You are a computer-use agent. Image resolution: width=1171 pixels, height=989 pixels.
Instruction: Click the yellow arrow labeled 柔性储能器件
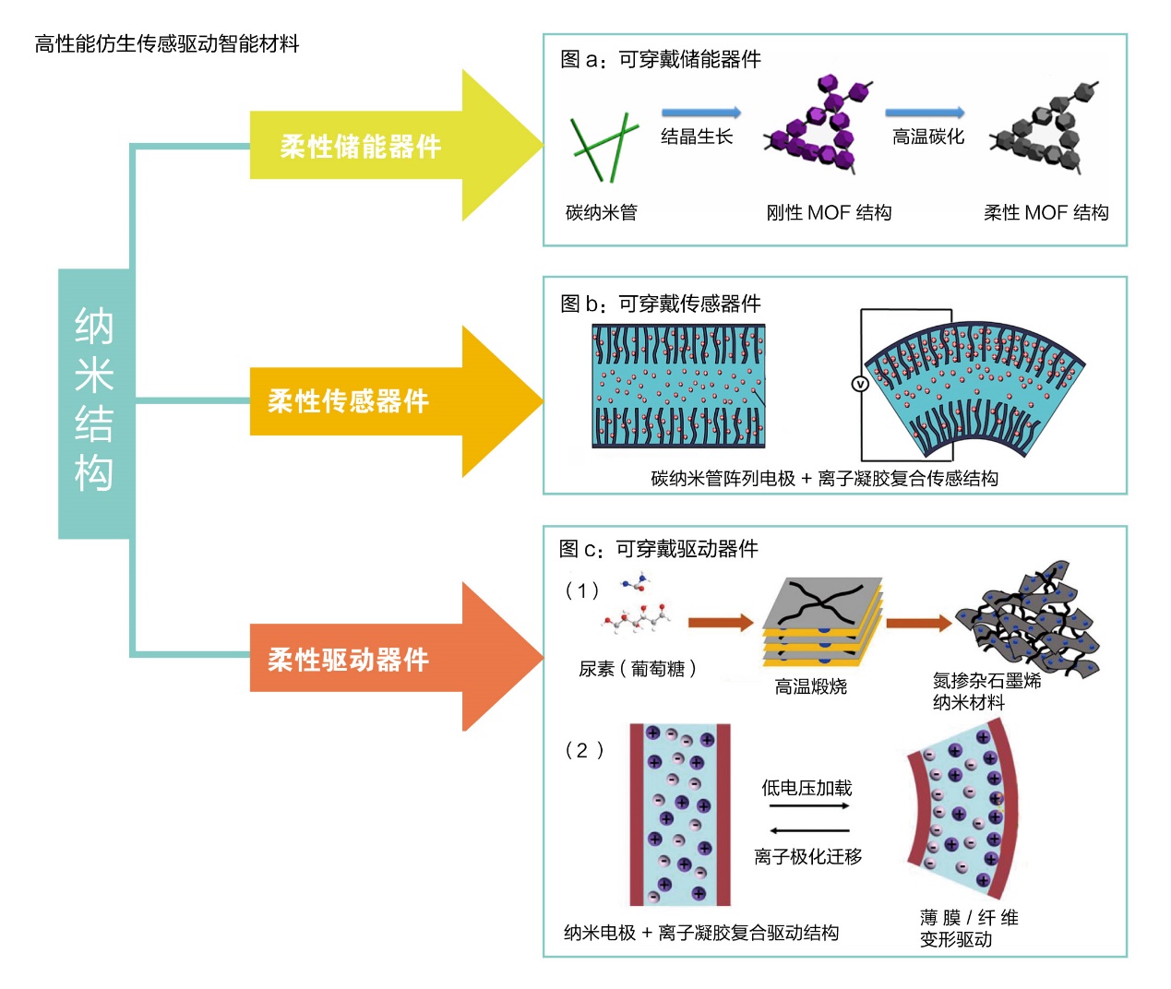[388, 146]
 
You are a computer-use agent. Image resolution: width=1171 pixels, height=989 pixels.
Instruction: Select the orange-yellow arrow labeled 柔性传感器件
[388, 401]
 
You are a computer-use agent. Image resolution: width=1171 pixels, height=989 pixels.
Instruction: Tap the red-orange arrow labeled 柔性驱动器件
[388, 659]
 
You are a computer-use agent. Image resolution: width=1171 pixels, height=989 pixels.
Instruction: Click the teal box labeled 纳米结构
[94, 403]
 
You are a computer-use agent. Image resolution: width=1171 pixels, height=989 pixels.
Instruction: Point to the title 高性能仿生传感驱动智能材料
[167, 44]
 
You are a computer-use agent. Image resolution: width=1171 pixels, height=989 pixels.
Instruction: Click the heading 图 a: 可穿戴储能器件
[661, 60]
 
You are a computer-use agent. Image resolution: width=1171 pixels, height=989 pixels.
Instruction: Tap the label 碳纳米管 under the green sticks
[601, 213]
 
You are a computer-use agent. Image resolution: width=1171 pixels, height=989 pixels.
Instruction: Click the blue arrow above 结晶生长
[700, 113]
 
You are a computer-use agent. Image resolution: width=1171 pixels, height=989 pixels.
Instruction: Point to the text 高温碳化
[927, 137]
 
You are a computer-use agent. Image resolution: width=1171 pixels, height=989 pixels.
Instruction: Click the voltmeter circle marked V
[860, 384]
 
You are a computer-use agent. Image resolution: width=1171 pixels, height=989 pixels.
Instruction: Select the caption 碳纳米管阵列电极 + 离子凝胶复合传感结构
[824, 478]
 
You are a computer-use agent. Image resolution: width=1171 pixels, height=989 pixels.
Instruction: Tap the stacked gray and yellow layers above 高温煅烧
[821, 622]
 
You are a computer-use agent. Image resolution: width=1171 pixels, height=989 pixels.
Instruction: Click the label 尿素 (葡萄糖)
[638, 669]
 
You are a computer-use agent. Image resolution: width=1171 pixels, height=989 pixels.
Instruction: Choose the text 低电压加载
[807, 788]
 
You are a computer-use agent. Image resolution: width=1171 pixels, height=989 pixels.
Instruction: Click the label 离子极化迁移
[807, 857]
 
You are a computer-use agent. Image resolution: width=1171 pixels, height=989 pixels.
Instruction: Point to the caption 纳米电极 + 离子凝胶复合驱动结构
[701, 933]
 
